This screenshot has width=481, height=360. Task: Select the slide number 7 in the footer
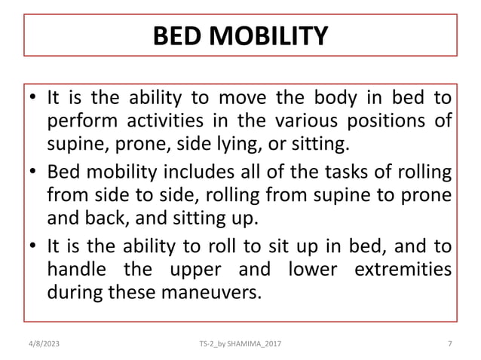coord(449,344)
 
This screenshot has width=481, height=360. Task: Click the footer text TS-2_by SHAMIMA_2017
coord(241,344)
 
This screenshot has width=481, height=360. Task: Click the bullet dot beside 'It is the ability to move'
coord(34,99)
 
